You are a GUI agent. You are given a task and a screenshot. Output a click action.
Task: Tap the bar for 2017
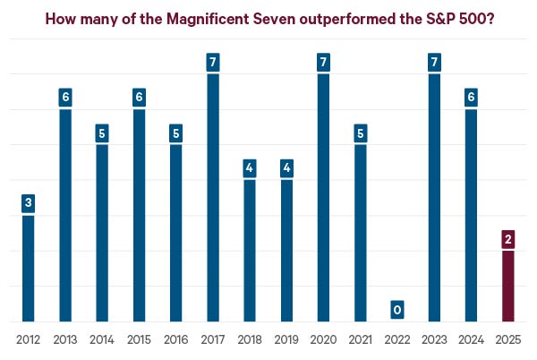pos(213,197)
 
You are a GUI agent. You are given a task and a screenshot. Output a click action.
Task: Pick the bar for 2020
pos(323,197)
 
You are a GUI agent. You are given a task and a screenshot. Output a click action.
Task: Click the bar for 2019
pos(286,251)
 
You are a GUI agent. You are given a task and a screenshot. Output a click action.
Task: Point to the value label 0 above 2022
pos(396,310)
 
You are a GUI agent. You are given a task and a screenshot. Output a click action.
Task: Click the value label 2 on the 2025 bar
pos(507,239)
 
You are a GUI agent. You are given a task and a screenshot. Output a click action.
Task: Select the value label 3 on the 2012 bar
pos(29,203)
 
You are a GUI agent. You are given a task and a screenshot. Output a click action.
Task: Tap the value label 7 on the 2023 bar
pos(433,63)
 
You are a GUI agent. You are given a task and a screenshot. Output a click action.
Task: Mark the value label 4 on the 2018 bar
pos(250,168)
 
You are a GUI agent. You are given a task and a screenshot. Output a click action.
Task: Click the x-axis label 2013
pos(65,340)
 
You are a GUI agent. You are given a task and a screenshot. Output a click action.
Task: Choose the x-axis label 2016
pos(176,340)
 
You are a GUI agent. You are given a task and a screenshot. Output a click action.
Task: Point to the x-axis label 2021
pos(360,340)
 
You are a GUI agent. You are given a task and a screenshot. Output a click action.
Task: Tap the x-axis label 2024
pos(471,340)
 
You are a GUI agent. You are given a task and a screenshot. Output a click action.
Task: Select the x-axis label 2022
pos(396,340)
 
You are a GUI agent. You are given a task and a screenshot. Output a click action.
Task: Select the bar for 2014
pos(102,233)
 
